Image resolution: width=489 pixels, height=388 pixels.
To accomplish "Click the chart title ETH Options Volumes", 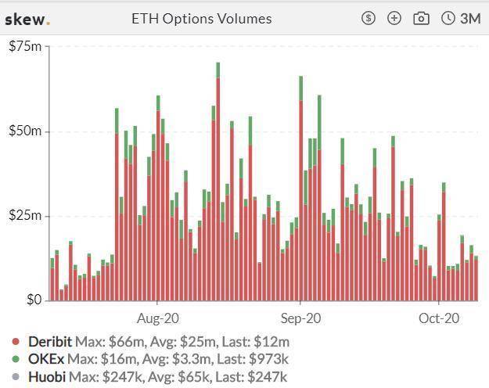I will click(201, 18).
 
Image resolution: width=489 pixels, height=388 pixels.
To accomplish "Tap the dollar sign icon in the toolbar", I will click(369, 18).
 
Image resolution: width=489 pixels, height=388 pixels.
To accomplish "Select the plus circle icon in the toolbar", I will click(394, 18).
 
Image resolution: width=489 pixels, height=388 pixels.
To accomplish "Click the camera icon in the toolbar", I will click(421, 18).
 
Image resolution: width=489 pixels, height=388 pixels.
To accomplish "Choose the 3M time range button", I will click(461, 18).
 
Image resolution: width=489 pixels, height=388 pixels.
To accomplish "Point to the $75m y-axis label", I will click(25, 47).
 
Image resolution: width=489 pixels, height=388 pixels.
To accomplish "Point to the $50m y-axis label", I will click(25, 131).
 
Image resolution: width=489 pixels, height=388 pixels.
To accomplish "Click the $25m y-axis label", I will click(25, 215).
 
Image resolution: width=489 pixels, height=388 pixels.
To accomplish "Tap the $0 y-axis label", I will click(34, 300).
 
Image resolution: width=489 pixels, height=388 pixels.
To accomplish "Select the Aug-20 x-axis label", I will click(157, 318).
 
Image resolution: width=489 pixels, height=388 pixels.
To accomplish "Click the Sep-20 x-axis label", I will click(300, 318).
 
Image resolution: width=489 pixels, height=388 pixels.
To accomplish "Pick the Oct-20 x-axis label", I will click(439, 318).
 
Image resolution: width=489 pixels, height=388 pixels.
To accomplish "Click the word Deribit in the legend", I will click(50, 342).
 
